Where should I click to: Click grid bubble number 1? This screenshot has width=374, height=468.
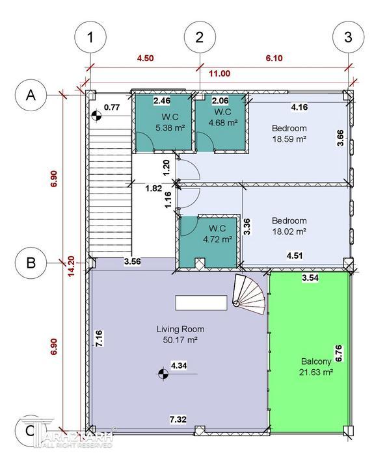point(90,37)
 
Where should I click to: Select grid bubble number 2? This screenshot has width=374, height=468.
point(200,37)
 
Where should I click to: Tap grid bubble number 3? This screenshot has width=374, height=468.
point(349,37)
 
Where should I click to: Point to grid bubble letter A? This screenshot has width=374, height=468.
point(31,95)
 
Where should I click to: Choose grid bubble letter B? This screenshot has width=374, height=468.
point(31,263)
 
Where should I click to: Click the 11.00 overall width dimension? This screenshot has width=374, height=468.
point(220,73)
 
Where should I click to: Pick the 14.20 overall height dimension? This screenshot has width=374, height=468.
point(71,266)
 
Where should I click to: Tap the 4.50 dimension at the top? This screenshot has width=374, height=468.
point(146,58)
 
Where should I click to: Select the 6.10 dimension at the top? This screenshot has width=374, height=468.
point(274,58)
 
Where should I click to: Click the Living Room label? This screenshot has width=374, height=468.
point(180,329)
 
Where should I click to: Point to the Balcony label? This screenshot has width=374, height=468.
point(316,361)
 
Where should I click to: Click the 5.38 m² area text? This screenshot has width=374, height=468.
point(170,128)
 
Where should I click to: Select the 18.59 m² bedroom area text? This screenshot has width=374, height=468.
point(289,139)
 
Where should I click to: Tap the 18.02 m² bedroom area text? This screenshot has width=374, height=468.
point(289,231)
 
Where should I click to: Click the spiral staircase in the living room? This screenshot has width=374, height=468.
point(250,294)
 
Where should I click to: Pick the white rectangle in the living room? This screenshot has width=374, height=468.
point(202,303)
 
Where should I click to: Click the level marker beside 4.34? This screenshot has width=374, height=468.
point(163,374)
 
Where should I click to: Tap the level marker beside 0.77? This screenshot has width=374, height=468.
point(96,116)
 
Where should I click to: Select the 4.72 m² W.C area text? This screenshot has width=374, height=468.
point(217,239)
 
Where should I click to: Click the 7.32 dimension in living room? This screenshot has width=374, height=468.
point(178,419)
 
